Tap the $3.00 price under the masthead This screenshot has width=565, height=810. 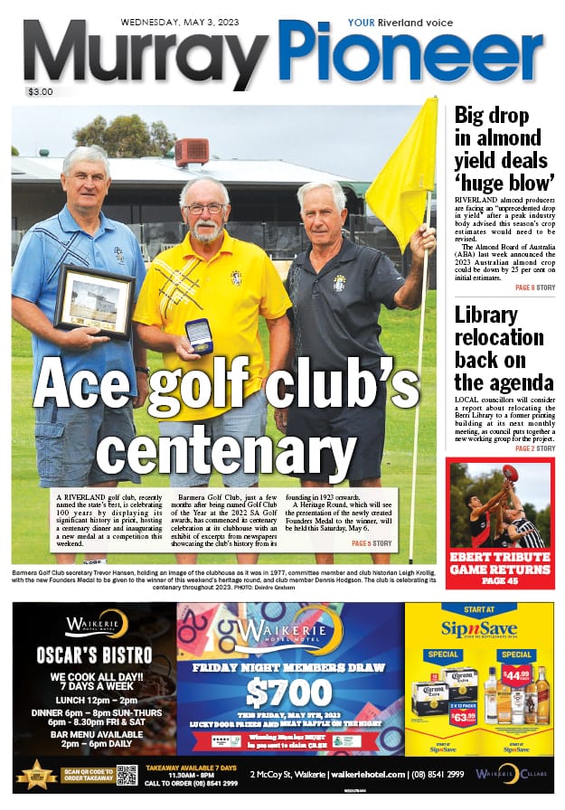[41, 91]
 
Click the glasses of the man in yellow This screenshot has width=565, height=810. [204, 208]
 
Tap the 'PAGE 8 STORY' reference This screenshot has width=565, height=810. [535, 287]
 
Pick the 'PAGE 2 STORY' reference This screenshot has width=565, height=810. [535, 447]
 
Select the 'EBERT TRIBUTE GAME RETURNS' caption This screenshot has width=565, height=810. [501, 575]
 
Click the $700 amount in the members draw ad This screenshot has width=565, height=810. [289, 693]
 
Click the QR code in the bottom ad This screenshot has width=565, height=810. [127, 775]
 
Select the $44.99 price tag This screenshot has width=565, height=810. [515, 673]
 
